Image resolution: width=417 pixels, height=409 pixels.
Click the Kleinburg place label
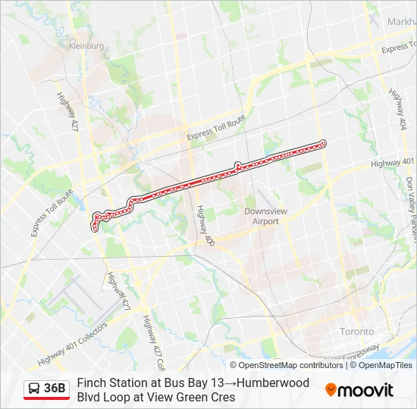[86, 46]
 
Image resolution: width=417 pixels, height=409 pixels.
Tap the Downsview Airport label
[262, 216]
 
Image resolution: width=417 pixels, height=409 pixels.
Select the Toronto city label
[356, 332]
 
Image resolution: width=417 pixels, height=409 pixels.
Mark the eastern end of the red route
[323, 143]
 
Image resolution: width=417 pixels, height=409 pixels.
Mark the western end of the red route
[95, 226]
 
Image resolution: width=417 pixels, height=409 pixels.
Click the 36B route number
[55, 389]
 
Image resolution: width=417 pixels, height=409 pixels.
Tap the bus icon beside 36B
[34, 389]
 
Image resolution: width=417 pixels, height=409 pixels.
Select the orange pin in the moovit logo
[331, 390]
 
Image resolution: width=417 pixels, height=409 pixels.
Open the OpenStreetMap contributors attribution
[280, 365]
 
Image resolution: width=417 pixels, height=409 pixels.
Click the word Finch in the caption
[90, 382]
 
